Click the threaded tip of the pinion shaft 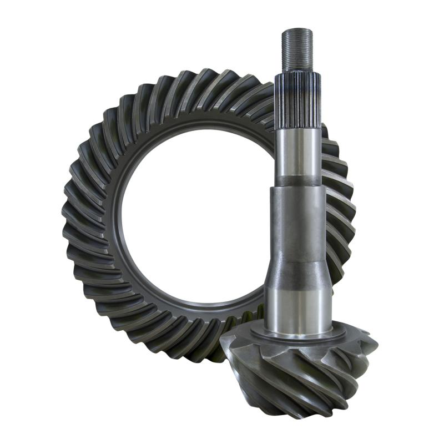point(297,50)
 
